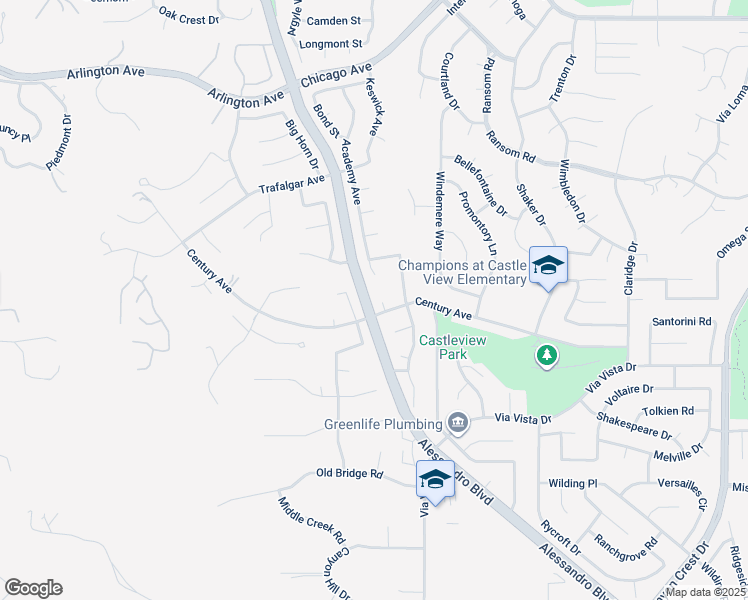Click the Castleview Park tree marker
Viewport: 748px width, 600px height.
tap(546, 355)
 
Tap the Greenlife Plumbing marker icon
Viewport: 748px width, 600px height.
tap(458, 422)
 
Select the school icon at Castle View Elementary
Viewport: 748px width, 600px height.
tap(548, 266)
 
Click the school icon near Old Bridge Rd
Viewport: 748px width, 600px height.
tap(435, 479)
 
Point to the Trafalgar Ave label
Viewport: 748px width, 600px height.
tap(292, 184)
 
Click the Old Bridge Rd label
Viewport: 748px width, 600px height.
tap(350, 473)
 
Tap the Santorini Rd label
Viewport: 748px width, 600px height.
tap(681, 322)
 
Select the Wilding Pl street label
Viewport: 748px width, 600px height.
tap(572, 483)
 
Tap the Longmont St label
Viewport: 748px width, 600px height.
tap(331, 44)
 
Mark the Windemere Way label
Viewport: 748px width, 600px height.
tap(438, 210)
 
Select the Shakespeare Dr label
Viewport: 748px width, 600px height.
tap(634, 426)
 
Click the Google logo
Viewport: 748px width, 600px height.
tap(33, 588)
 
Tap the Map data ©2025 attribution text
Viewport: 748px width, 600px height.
tap(706, 591)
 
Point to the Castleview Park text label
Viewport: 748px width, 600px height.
tap(446, 347)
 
